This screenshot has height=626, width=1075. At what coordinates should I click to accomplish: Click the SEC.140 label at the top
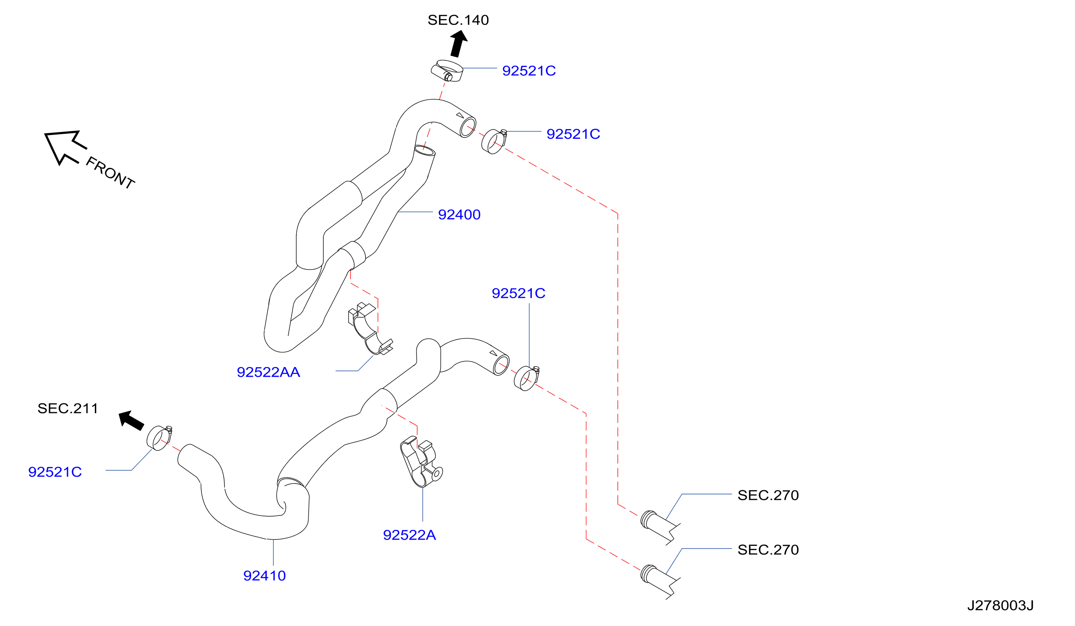458,20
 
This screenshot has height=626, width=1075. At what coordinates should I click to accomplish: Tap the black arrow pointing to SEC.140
459,43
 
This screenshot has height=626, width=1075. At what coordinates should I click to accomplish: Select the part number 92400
460,215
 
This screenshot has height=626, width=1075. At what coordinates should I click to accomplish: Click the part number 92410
265,576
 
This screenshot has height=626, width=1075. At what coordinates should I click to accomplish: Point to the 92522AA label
268,373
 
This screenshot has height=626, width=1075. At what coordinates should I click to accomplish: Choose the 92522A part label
409,535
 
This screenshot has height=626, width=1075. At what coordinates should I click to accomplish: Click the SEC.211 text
68,408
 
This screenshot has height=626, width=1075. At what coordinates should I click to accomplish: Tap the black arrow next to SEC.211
131,421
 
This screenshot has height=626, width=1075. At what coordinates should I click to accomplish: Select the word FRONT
111,173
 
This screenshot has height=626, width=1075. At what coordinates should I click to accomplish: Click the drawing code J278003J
1000,605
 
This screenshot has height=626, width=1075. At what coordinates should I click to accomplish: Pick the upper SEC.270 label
768,496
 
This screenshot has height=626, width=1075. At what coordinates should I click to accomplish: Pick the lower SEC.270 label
768,550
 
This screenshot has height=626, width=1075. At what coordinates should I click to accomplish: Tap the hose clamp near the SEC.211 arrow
159,438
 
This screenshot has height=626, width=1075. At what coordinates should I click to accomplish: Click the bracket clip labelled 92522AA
370,329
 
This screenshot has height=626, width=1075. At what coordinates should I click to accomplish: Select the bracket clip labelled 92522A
421,461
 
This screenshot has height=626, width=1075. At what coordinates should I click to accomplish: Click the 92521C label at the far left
55,472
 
